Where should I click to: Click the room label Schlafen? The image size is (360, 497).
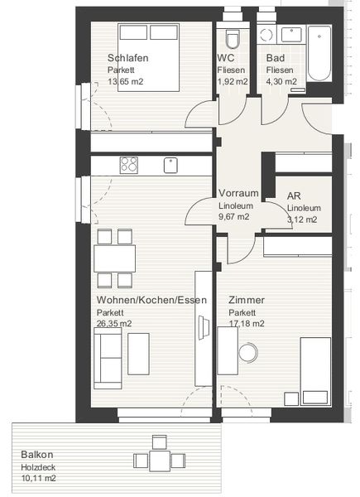pos(128,58)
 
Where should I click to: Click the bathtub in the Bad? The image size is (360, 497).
pos(319,54)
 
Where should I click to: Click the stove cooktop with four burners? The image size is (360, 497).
pos(128,165)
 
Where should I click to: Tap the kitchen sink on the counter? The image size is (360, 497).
pos(170,165)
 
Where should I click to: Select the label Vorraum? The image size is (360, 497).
pos(238,193)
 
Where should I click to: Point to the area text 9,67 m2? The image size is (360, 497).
pos(234,217)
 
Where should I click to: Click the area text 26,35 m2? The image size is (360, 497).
pos(114,324)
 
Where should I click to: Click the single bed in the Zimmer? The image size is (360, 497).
pos(314,365)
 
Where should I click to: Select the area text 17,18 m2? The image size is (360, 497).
pos(247,324)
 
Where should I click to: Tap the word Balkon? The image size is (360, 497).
pos(38,455)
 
